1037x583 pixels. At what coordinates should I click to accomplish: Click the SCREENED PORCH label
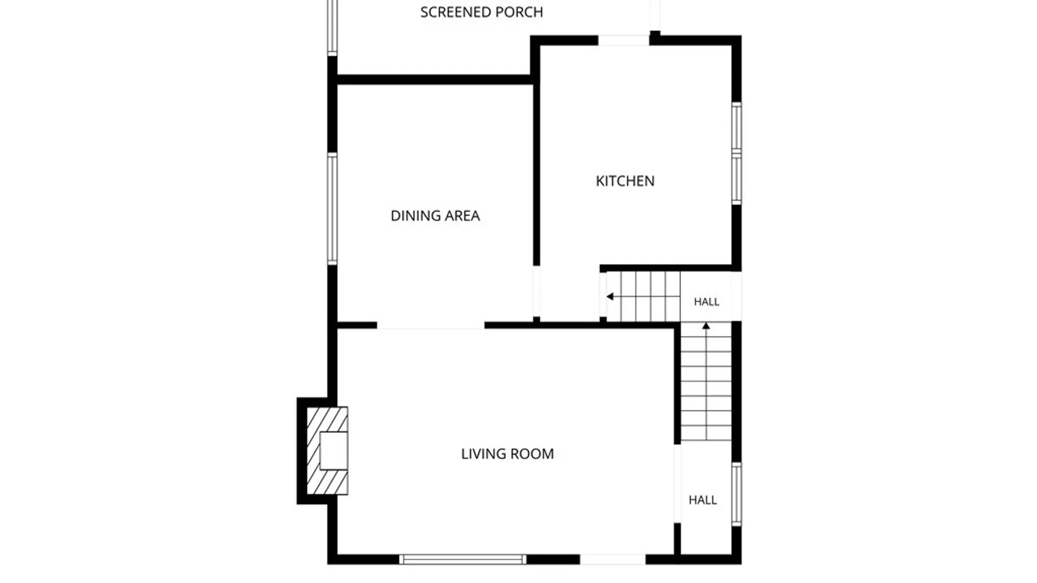(481, 12)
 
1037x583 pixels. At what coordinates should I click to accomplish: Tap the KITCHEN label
(625, 181)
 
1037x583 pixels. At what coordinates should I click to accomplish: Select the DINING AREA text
(435, 216)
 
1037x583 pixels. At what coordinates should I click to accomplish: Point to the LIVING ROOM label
(507, 454)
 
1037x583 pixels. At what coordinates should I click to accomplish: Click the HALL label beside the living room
(703, 500)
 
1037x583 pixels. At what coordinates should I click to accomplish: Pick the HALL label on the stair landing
(706, 302)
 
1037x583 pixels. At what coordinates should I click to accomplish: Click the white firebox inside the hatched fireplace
(334, 450)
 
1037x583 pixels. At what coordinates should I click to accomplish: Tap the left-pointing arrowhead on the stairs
(610, 296)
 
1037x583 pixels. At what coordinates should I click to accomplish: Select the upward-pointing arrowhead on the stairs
(706, 326)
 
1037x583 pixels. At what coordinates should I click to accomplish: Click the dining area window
(333, 209)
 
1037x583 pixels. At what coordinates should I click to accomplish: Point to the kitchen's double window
(736, 153)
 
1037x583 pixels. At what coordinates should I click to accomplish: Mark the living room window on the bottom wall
(463, 559)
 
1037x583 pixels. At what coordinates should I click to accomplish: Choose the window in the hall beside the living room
(736, 494)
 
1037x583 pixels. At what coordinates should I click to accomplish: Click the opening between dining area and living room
(430, 326)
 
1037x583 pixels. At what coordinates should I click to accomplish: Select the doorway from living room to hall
(677, 484)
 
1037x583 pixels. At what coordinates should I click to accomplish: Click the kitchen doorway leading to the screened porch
(623, 40)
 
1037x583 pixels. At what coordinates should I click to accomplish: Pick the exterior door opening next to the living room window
(613, 559)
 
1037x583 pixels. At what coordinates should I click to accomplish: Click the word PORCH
(518, 12)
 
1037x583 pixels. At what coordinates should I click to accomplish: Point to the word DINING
(413, 216)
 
